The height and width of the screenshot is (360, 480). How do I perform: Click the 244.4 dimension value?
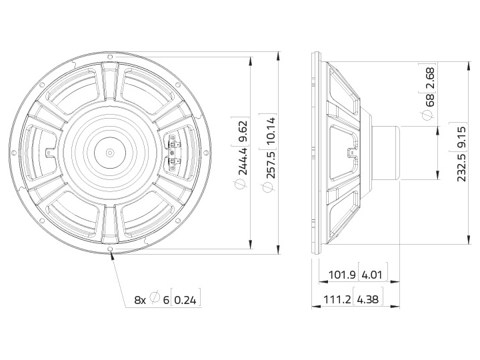coord(243,161)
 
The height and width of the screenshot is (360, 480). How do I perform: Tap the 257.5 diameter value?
coord(271,165)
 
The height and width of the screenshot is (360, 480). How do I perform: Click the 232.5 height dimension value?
coord(461,167)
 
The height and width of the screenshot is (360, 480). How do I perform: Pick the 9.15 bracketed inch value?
coord(461,138)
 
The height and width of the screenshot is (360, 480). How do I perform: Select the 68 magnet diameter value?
coord(430,100)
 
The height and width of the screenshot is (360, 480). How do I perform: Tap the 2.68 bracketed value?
coord(430,79)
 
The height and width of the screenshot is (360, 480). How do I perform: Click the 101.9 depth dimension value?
coord(342,275)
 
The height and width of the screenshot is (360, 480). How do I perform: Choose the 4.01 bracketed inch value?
coord(372,275)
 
